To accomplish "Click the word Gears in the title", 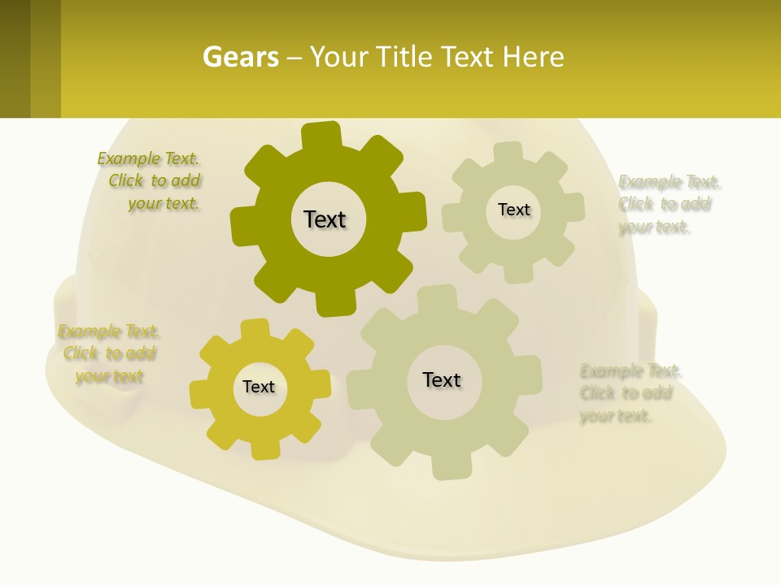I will [x=241, y=58].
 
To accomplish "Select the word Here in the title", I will [x=533, y=58].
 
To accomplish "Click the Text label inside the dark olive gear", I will [x=325, y=219].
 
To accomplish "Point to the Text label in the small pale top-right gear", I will [x=513, y=210].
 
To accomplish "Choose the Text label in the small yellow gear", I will [x=259, y=387].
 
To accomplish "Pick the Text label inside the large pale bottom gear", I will [x=442, y=379].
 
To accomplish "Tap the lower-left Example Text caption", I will [x=108, y=353].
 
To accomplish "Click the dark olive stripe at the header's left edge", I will [x=15, y=58].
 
